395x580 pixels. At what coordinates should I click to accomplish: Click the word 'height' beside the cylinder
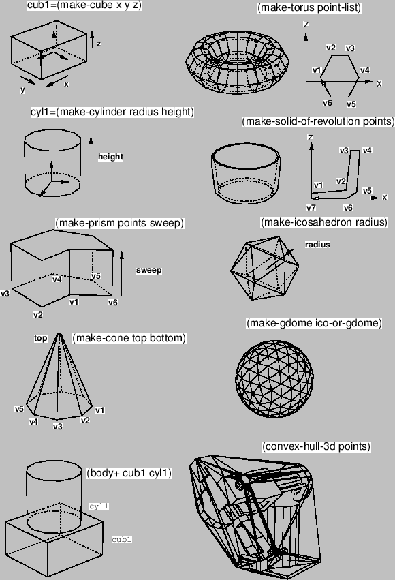click(110, 157)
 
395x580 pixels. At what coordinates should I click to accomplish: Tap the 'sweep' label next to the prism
click(149, 270)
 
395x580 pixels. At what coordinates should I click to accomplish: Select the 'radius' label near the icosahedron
click(317, 245)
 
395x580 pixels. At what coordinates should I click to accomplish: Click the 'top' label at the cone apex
click(41, 338)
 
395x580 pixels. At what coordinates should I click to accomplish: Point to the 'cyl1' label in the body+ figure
click(99, 506)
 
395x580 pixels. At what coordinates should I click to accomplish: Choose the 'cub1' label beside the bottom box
click(122, 539)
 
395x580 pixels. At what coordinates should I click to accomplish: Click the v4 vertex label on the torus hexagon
click(365, 70)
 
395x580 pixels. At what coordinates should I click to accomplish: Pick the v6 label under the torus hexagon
click(328, 103)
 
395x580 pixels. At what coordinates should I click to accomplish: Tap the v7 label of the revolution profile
click(311, 208)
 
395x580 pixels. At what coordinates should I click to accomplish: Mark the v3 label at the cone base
click(58, 427)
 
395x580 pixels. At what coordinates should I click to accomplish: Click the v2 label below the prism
click(37, 315)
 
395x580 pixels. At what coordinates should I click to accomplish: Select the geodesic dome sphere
click(274, 378)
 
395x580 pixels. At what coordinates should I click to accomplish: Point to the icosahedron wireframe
click(264, 268)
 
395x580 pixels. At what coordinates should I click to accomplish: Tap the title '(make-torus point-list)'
click(309, 7)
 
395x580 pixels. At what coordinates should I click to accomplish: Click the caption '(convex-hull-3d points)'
click(316, 446)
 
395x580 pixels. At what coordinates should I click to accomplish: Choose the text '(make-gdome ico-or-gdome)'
click(314, 323)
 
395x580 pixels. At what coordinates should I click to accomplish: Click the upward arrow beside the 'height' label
click(91, 162)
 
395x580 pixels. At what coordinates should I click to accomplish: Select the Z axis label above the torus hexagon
click(306, 25)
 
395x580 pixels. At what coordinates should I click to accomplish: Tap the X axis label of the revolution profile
click(385, 198)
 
